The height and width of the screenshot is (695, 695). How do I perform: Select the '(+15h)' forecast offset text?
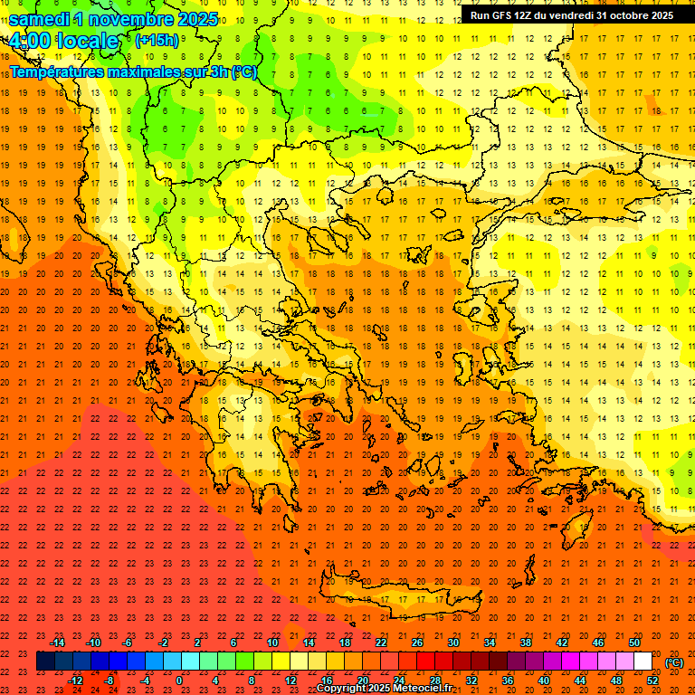(x=157, y=40)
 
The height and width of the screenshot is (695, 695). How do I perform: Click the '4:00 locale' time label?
(x=63, y=41)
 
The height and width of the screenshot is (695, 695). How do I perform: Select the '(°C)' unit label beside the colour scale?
(x=674, y=662)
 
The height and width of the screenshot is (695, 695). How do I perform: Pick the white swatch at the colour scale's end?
(x=643, y=662)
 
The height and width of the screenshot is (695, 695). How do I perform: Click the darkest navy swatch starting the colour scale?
(x=45, y=662)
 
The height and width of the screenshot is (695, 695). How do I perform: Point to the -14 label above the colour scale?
(x=57, y=643)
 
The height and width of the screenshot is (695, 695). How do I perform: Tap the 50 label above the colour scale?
(x=634, y=643)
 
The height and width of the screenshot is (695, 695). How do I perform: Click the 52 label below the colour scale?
(x=652, y=681)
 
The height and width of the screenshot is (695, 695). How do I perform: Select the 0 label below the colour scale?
(x=179, y=681)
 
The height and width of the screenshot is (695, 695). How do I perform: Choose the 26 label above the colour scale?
(x=417, y=643)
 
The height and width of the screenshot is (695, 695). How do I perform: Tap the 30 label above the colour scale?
(x=453, y=643)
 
